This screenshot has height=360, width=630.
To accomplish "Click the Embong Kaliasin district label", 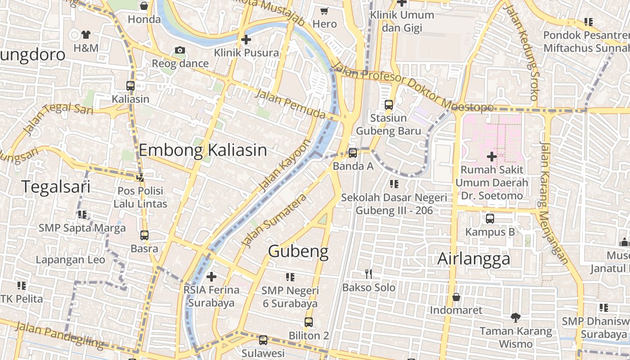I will [202, 150].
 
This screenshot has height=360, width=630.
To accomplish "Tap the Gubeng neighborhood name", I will [298, 251].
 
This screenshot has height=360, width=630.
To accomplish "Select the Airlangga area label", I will [474, 259].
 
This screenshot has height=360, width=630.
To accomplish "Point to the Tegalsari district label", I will [56, 186].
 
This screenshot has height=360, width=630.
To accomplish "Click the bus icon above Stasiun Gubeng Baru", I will [389, 105].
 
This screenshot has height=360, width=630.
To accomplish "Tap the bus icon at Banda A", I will [353, 153].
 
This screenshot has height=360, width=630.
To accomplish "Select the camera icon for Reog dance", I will [180, 50].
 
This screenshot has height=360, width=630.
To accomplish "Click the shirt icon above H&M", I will [86, 34].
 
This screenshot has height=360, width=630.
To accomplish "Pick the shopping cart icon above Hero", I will [324, 11].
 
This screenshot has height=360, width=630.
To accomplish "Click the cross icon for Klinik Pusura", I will [246, 40].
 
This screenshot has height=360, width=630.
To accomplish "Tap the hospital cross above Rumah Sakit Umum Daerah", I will [491, 157].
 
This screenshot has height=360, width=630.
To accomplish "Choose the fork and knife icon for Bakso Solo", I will [369, 274].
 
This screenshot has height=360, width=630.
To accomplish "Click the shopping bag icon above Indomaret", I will [456, 297].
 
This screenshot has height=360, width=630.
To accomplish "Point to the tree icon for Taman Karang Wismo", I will [516, 318].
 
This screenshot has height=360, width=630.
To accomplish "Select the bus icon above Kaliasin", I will [130, 85].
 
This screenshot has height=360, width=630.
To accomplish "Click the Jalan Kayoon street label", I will [285, 165].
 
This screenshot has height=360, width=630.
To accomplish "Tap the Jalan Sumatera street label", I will [274, 220].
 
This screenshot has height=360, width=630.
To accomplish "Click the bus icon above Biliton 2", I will [309, 322].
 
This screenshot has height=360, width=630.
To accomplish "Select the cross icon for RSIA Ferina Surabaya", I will [211, 276].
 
